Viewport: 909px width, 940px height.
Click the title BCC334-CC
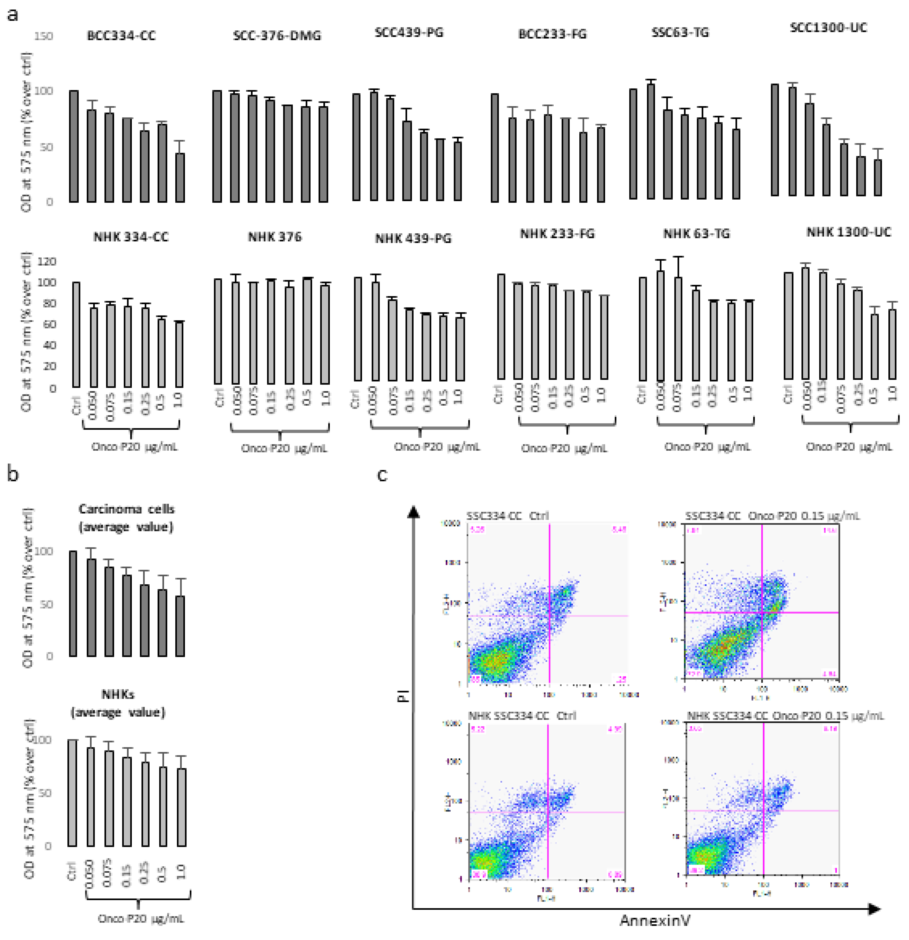pyautogui.click(x=121, y=36)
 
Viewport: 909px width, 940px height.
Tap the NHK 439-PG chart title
pyautogui.click(x=413, y=238)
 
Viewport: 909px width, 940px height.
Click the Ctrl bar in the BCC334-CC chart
pyautogui.click(x=74, y=146)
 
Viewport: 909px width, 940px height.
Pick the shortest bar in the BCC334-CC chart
pyautogui.click(x=180, y=177)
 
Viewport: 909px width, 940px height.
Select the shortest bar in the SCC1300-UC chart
pyautogui.click(x=877, y=177)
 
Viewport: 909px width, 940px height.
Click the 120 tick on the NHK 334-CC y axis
pyautogui.click(x=47, y=261)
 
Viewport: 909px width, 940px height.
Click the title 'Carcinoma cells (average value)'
pyautogui.click(x=126, y=518)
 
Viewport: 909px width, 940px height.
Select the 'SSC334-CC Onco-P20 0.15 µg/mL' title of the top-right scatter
pyautogui.click(x=772, y=516)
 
